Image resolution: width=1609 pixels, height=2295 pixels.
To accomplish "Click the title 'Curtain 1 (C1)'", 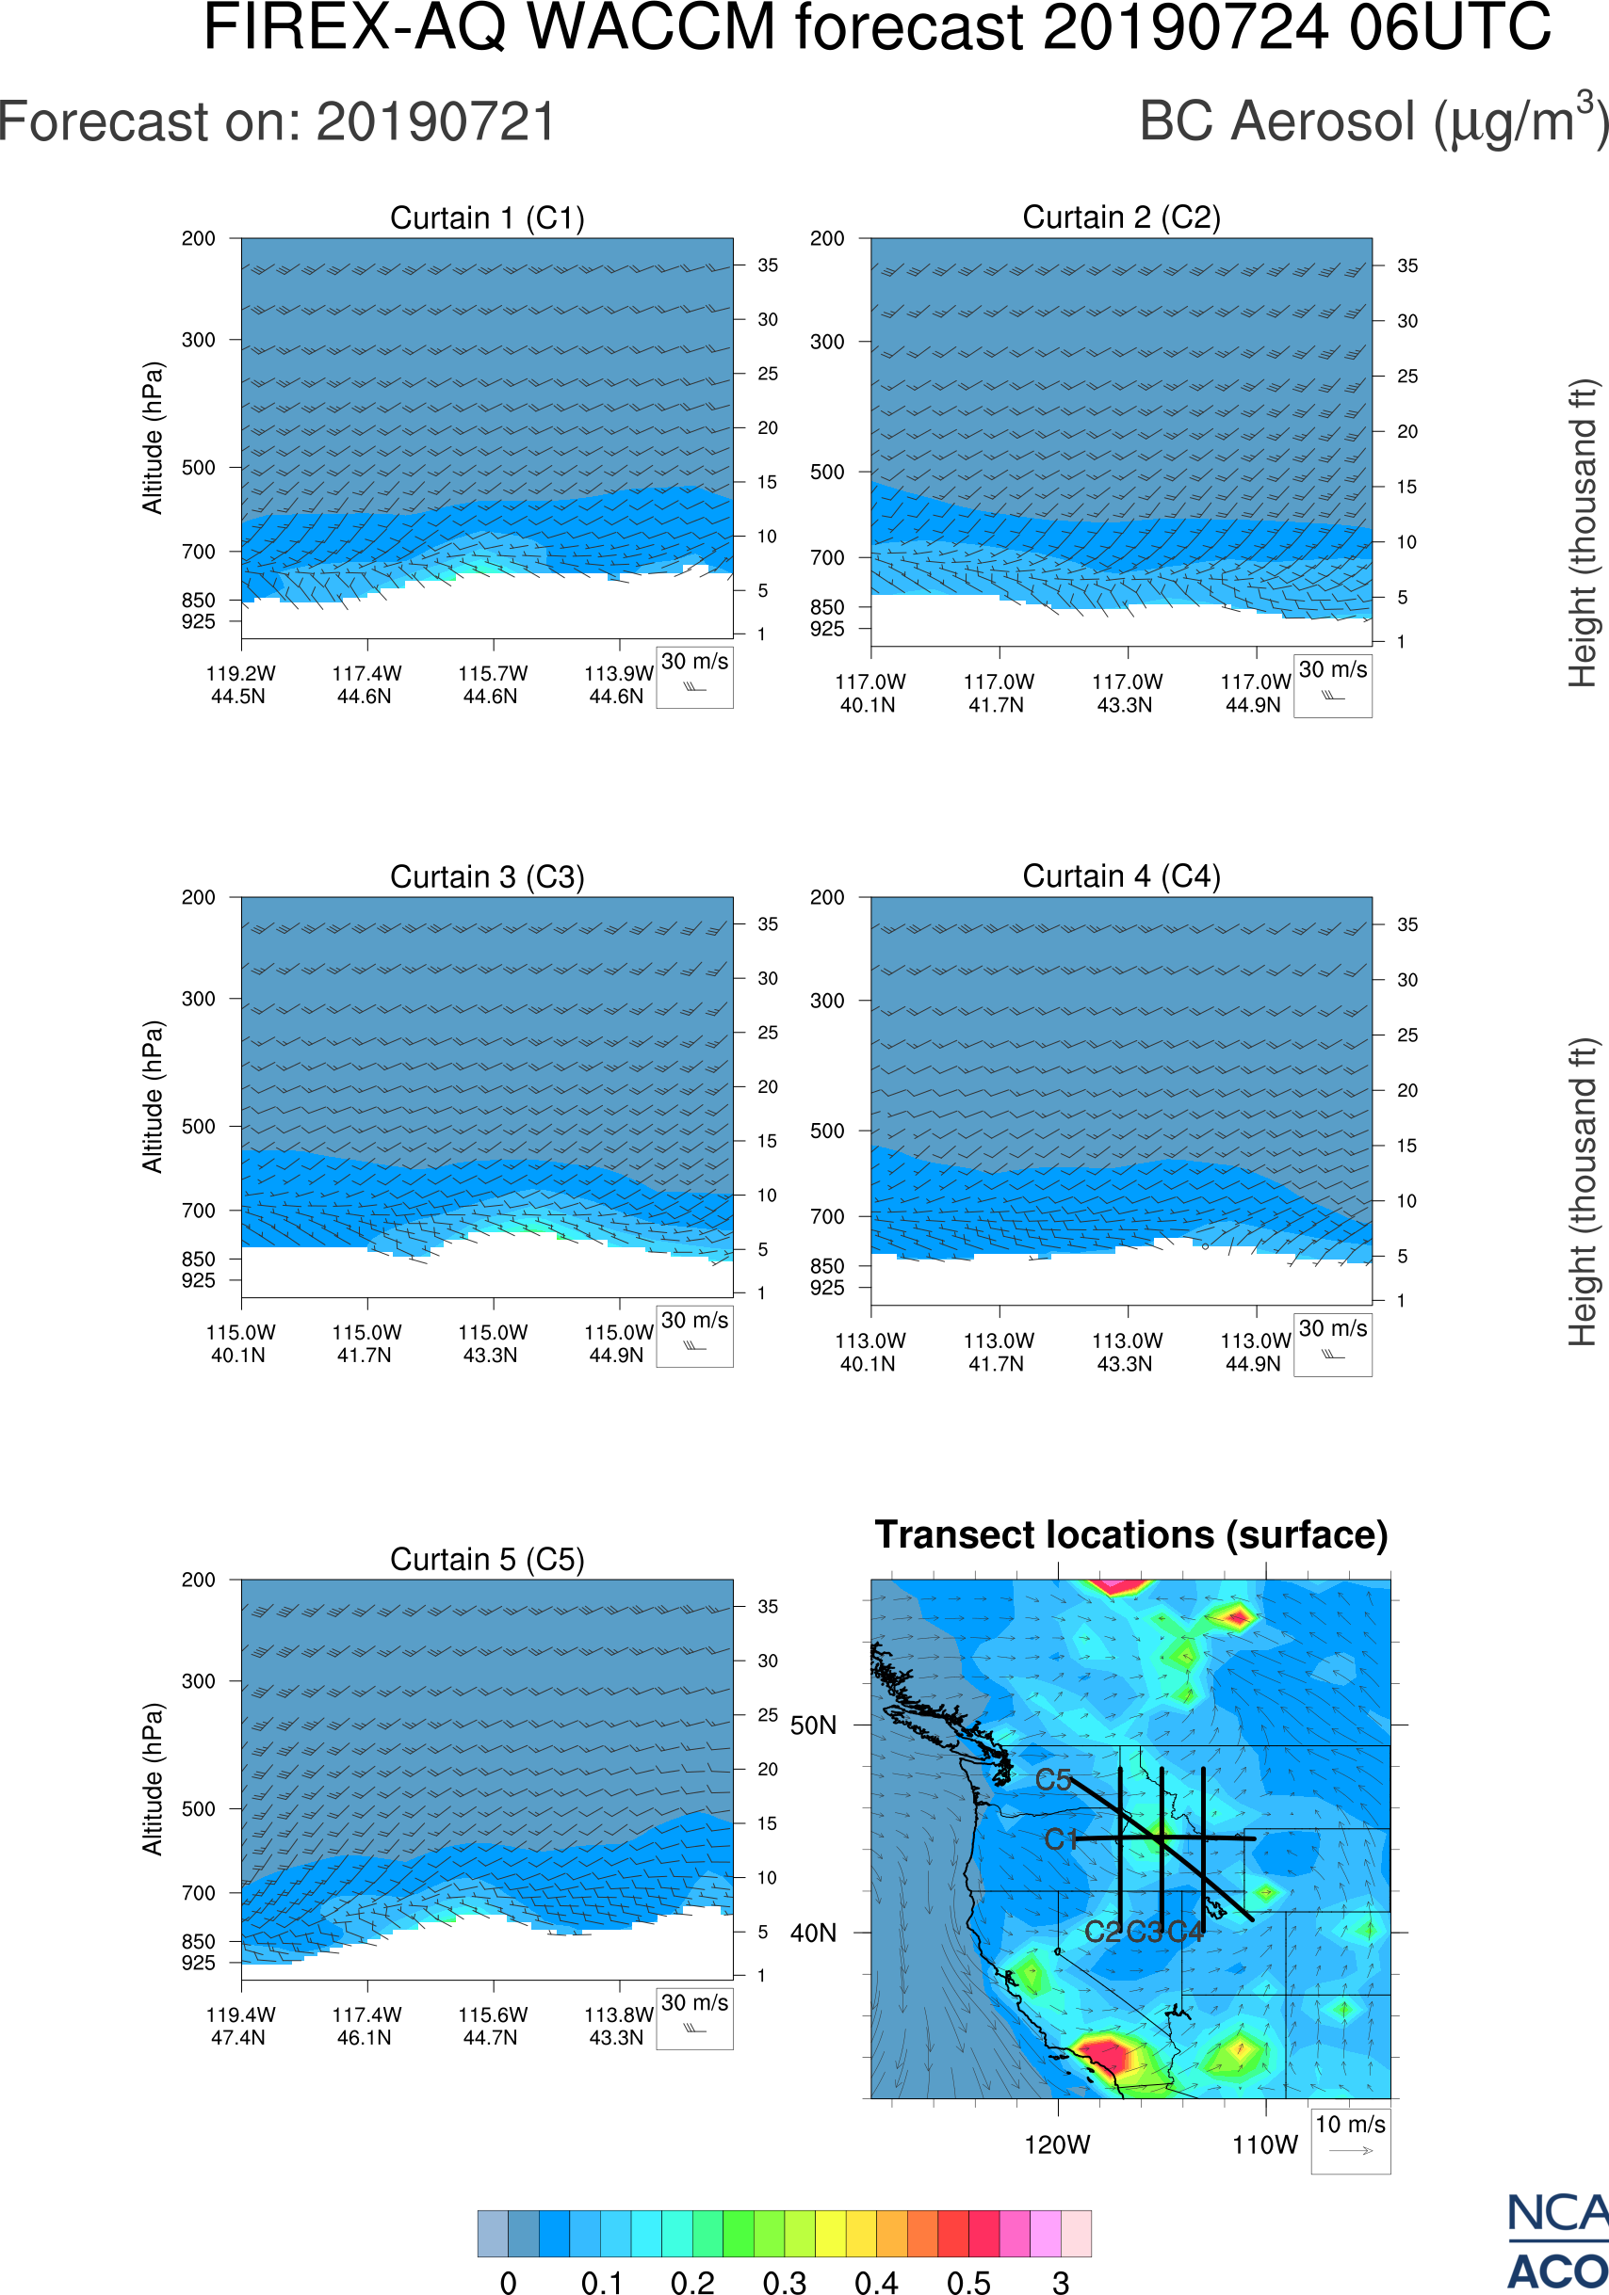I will pos(487,217).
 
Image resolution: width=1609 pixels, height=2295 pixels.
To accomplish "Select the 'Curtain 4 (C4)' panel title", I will pos(1121,876).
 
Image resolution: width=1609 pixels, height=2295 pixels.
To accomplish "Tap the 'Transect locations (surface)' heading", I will pos(1131,1534).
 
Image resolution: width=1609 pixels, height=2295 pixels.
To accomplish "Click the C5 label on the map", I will pos(1053,1780).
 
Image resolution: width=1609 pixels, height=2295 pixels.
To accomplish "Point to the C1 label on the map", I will pos(1060,1840).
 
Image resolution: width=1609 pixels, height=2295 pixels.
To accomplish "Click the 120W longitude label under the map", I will pos(1057,2145).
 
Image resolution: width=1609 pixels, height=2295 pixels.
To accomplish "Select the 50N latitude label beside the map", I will pos(813,1726).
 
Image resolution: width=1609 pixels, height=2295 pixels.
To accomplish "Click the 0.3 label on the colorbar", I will pos(784,2282).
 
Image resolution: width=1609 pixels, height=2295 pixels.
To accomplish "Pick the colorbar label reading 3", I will pos(1061,2282).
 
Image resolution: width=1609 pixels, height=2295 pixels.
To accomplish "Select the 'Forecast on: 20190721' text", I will pos(277,122).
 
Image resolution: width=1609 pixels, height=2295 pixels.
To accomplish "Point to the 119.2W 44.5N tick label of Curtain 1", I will pos(240,684).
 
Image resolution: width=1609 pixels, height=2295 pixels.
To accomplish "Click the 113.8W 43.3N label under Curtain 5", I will pos(618,2026).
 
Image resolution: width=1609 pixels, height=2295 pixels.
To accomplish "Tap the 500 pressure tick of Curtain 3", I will pos(198,1127).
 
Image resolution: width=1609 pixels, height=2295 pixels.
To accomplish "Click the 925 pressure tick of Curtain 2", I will pos(827,629).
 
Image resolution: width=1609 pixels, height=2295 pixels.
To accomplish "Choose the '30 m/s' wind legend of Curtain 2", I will pos(1332,684).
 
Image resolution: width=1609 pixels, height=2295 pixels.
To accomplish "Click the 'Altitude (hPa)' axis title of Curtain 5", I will pos(152,1779).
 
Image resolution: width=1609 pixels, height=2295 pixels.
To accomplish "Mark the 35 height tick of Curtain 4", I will pos(1407,924).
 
